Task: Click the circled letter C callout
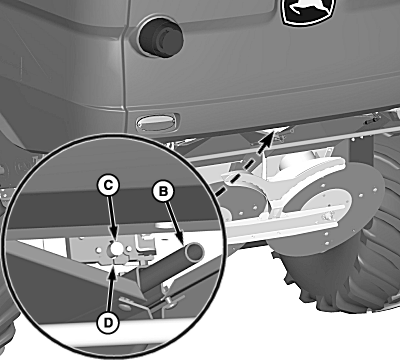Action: [x=108, y=185]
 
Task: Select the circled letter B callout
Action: [x=163, y=191]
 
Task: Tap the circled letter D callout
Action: [x=108, y=322]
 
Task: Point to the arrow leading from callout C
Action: [x=112, y=218]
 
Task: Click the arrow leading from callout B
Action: [x=175, y=223]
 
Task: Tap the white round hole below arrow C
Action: [x=116, y=248]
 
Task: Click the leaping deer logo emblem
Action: [x=306, y=11]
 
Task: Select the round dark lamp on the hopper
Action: [x=161, y=37]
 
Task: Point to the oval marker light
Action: [x=156, y=122]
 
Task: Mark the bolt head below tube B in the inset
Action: [x=170, y=301]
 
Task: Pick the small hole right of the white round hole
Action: [x=128, y=249]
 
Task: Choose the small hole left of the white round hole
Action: [x=99, y=249]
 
